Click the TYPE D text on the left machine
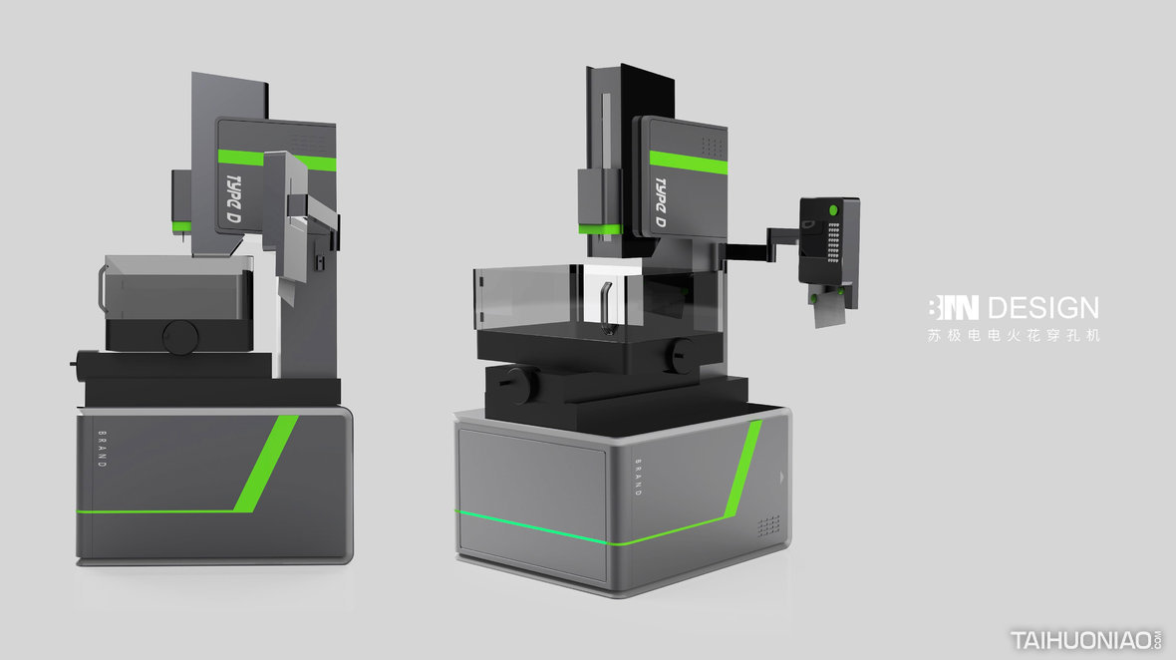[x=234, y=199]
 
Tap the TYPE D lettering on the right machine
[x=661, y=202]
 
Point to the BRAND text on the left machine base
[x=103, y=450]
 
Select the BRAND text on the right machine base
[x=638, y=478]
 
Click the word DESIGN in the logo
[x=1043, y=307]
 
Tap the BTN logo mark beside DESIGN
[x=953, y=307]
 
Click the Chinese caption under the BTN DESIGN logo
[x=1014, y=335]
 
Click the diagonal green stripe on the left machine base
[x=265, y=464]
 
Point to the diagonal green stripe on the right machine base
[x=743, y=469]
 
